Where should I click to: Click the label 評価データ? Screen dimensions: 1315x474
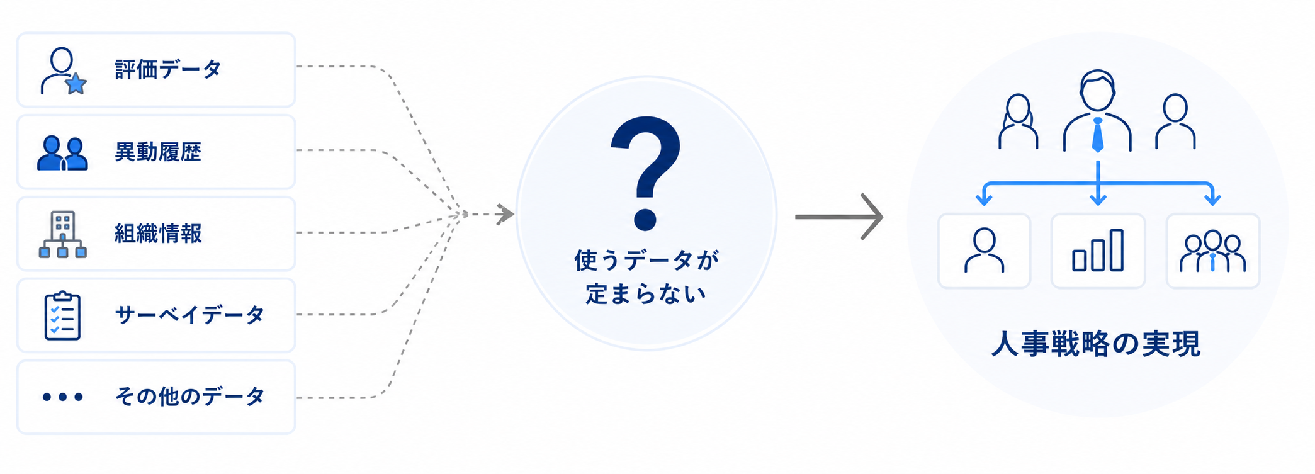[168, 69]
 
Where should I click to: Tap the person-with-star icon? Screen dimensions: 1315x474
[63, 71]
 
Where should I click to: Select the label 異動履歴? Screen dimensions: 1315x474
[158, 152]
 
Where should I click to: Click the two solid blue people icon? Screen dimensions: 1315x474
[62, 154]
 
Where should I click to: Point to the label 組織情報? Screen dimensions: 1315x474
[158, 234]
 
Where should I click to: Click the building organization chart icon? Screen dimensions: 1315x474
[62, 234]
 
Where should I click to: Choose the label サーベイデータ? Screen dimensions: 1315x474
[189, 315]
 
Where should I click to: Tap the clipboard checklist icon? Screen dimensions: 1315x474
[62, 315]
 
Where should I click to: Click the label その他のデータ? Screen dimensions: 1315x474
[189, 397]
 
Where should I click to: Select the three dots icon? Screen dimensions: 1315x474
[62, 397]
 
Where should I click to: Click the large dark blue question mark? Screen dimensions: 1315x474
[646, 173]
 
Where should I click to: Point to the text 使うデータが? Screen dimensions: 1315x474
[646, 259]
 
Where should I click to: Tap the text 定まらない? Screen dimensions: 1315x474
[646, 293]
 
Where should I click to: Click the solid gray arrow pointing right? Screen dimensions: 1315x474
[839, 217]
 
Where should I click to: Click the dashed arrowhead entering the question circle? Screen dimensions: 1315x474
[505, 214]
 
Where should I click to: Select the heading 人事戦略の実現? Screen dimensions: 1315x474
[1096, 344]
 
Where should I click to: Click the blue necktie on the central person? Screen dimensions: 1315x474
[1098, 135]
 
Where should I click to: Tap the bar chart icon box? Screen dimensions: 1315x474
[1098, 251]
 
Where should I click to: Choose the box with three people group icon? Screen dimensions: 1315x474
[1213, 251]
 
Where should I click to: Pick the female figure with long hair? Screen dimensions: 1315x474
[1018, 121]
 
